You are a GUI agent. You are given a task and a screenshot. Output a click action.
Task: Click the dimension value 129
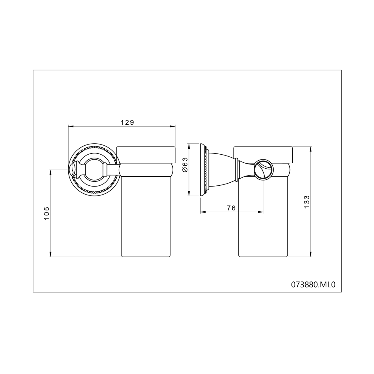click(127, 122)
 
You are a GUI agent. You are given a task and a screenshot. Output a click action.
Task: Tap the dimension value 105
click(47, 213)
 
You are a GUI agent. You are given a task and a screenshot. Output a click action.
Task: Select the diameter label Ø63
click(185, 165)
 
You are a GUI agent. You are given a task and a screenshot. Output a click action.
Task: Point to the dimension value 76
click(231, 208)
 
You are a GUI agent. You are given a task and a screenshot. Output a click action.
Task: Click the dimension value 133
click(307, 202)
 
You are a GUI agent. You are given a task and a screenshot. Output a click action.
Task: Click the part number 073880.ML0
click(313, 285)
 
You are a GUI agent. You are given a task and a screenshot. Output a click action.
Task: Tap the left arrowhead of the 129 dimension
click(71, 127)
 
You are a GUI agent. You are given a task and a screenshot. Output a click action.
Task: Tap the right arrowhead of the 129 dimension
click(173, 127)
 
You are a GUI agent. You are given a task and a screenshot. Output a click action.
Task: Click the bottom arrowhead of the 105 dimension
click(50, 254)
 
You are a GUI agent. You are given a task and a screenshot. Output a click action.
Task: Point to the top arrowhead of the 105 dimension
click(50, 173)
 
